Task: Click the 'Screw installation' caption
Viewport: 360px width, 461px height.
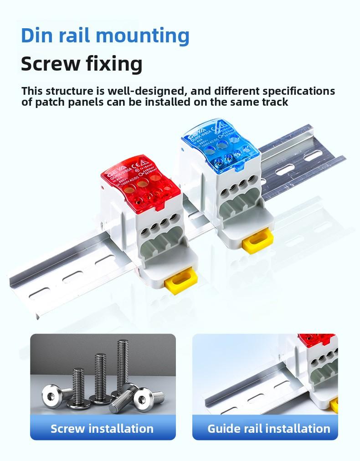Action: click(x=102, y=428)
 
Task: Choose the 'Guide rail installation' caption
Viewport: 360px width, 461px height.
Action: click(x=268, y=428)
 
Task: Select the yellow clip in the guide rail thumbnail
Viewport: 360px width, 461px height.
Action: click(x=334, y=405)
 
